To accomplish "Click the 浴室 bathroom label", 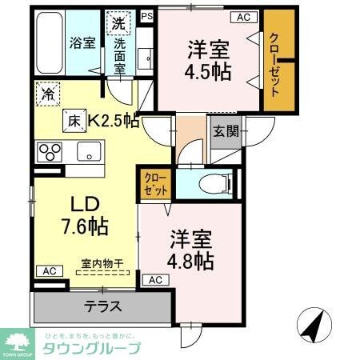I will coord(81,42).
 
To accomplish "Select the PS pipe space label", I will coord(146,15).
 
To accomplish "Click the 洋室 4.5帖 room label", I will coord(210,59).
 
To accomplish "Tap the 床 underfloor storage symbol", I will coord(74,120).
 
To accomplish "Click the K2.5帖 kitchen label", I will coord(114,121).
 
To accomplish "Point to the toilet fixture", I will coord(216,181).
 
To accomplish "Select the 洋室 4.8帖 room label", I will coord(190,249).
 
